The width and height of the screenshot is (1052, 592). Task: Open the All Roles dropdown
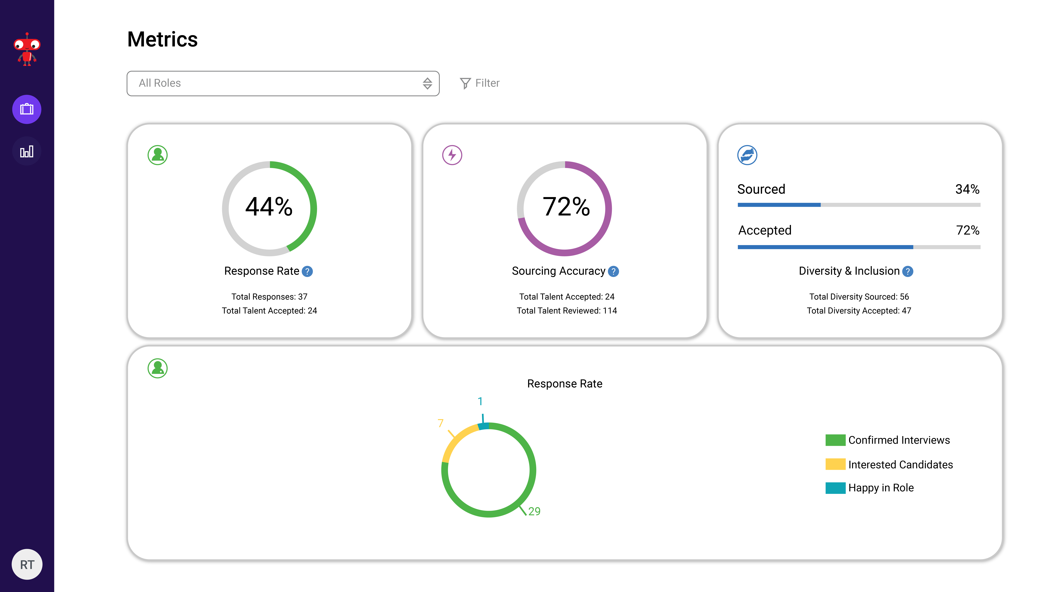(283, 83)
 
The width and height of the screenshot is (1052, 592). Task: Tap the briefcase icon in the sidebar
(27, 109)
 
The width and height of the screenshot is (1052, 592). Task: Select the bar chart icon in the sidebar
(27, 152)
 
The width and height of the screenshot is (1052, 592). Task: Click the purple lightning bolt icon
(452, 155)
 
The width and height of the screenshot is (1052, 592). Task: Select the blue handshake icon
(747, 155)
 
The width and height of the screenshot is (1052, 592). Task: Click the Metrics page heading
(163, 40)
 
